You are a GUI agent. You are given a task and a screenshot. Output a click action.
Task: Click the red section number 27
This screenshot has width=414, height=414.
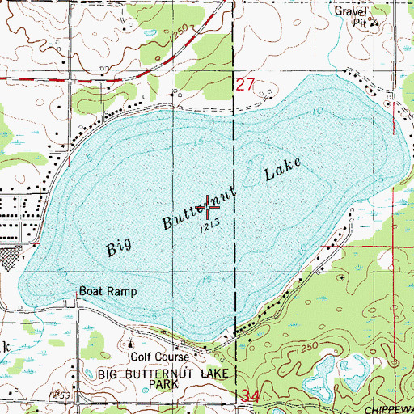pyautogui.click(x=250, y=84)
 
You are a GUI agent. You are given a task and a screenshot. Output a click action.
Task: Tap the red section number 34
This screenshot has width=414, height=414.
pyautogui.click(x=251, y=395)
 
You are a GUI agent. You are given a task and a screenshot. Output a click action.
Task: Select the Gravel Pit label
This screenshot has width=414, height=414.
pyautogui.click(x=352, y=16)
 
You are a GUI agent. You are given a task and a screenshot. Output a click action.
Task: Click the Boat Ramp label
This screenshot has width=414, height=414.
pyautogui.click(x=108, y=291)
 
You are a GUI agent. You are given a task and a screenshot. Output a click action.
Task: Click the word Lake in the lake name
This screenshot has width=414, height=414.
pyautogui.click(x=282, y=171)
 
